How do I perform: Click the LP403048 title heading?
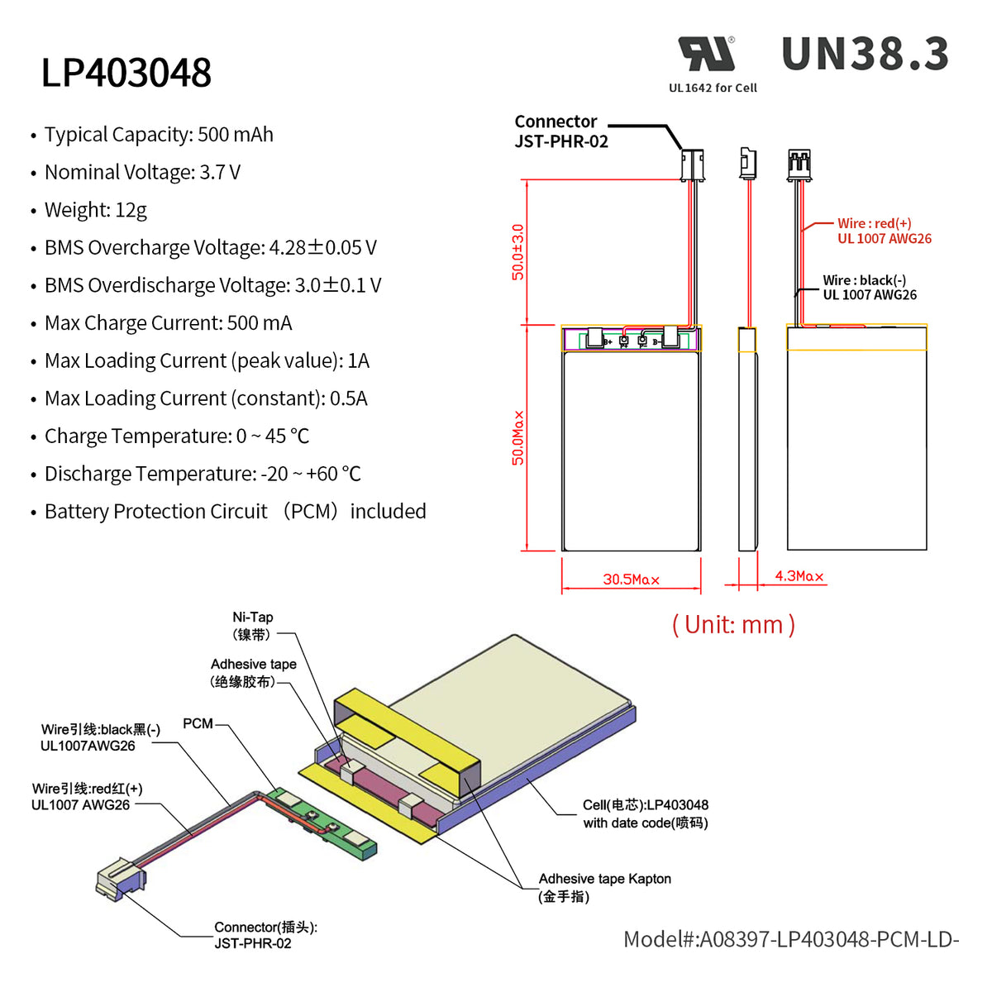[126, 73]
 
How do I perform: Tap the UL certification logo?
[708, 55]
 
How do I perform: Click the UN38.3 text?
[865, 55]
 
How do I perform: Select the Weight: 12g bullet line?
[95, 210]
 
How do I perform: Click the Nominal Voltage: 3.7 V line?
[142, 172]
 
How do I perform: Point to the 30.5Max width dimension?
[631, 579]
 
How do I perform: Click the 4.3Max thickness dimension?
[799, 576]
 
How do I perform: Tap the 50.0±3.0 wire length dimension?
[518, 252]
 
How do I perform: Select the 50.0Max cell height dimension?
[518, 438]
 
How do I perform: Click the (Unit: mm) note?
[733, 624]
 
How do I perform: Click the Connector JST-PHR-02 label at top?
[560, 131]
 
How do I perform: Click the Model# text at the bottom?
[790, 939]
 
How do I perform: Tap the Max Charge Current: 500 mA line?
[168, 323]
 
